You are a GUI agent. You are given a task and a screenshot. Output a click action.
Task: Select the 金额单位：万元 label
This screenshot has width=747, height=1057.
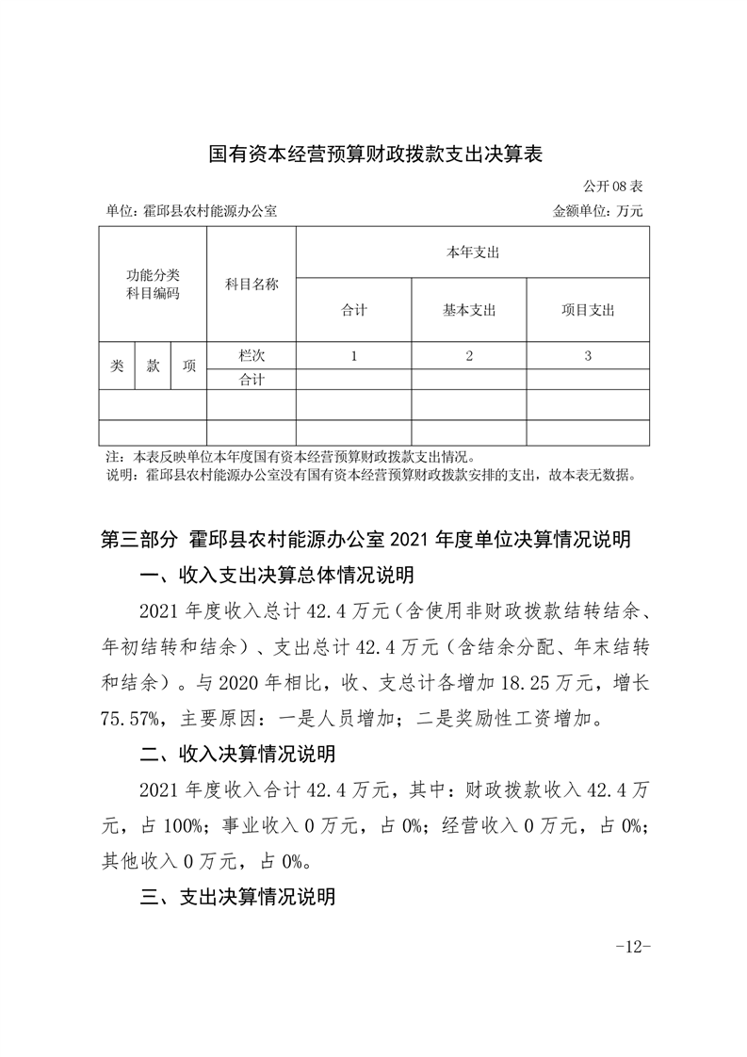pos(597,212)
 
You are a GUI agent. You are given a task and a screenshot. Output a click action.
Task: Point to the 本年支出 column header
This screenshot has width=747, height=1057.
pos(472,252)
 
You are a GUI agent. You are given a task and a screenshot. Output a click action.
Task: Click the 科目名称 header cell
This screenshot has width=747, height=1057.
pos(252,285)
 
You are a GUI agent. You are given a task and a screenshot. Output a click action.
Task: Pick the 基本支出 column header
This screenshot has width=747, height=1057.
pos(468,310)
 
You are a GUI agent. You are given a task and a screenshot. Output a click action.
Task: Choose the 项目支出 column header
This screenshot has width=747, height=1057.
pos(587,310)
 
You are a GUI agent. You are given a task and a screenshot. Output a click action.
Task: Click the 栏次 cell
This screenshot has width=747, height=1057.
pos(252,356)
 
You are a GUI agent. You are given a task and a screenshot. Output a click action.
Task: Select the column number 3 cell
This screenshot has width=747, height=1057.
pos(587,356)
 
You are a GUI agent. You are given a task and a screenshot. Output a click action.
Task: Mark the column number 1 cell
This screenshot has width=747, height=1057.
pos(353,356)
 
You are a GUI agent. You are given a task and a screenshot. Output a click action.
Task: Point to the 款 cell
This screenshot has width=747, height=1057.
pos(153,366)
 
